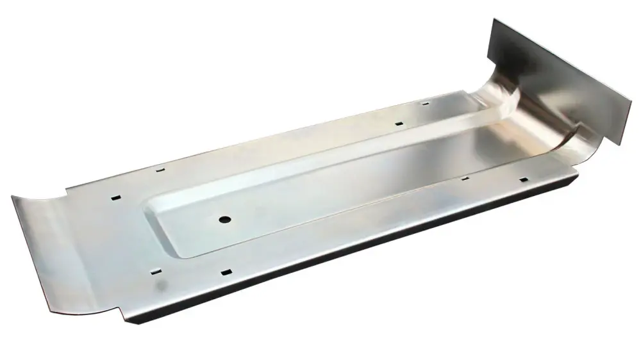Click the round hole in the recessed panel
click(x=224, y=219)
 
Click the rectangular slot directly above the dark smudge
click(x=155, y=272)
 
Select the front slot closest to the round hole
click(x=226, y=273)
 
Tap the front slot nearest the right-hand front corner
click(x=523, y=180)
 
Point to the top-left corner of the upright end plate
click(x=494, y=19)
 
